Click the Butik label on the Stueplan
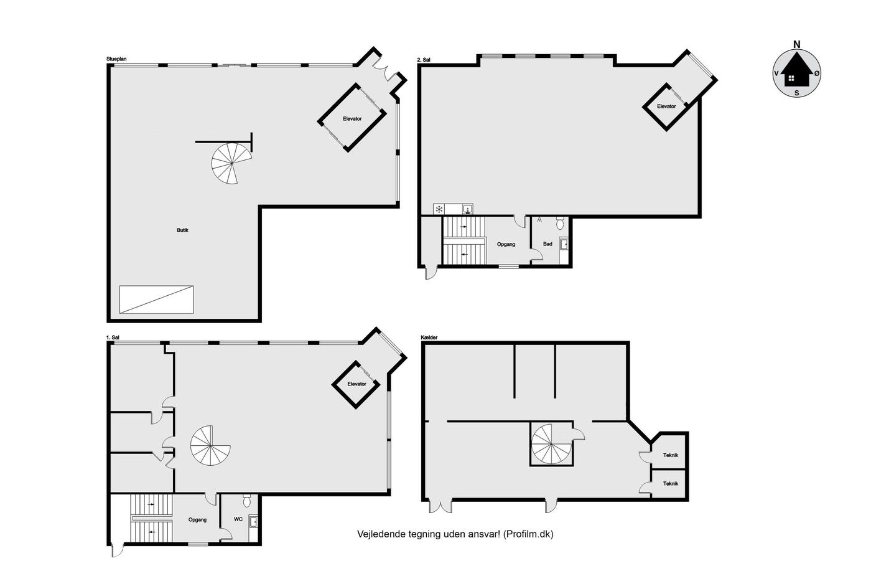[182, 230]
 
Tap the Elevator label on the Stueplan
[352, 119]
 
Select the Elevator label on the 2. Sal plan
[666, 106]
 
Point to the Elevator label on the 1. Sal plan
[357, 384]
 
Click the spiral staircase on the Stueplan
[231, 163]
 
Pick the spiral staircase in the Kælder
[551, 444]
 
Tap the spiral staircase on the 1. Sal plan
[210, 446]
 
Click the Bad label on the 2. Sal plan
[547, 244]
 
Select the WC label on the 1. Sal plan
[238, 519]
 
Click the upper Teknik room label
[671, 455]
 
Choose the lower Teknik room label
[671, 484]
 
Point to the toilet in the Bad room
[560, 223]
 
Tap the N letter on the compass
[797, 45]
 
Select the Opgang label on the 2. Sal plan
[506, 244]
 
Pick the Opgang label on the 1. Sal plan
[197, 519]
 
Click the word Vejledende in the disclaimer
[381, 534]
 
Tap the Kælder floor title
[429, 338]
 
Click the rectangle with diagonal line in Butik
[156, 300]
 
